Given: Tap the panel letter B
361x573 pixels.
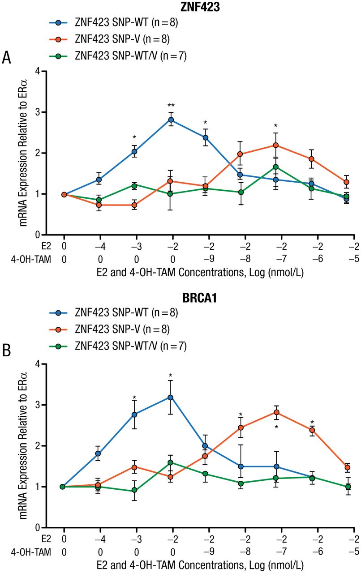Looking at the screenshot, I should pos(7,351).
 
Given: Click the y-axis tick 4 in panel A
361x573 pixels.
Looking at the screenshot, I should pos(39,71).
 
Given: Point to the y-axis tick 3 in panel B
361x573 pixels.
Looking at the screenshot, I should pos(39,405).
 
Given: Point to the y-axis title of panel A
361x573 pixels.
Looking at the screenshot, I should pos(23,152).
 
